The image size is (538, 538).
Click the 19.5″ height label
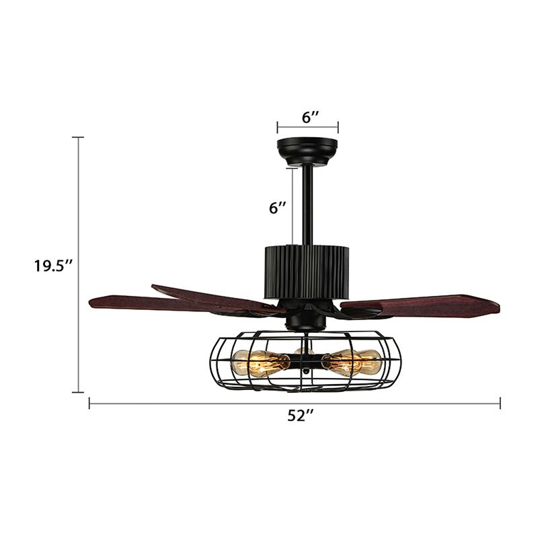click(53, 265)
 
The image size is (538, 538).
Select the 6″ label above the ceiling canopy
click(310, 116)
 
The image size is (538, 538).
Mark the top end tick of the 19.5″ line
click(78, 137)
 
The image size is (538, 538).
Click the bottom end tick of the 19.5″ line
click(78, 391)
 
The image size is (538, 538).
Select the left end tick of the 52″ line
click(90, 403)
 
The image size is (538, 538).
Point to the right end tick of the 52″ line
click(500, 403)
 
